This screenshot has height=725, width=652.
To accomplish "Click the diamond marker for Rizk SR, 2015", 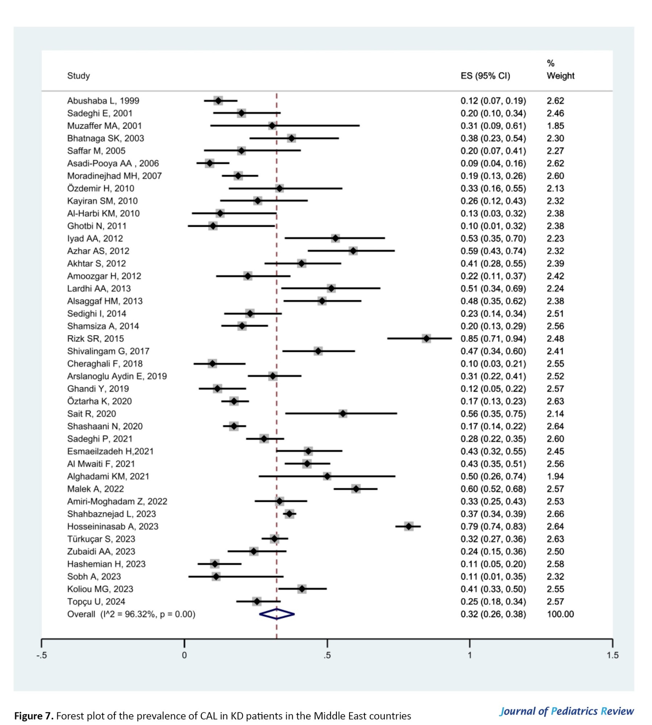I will (x=426, y=339).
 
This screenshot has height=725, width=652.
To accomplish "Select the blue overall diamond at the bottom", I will (x=277, y=614).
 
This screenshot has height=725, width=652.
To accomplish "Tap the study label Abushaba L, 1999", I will (x=103, y=101).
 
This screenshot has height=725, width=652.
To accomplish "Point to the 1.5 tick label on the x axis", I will (x=612, y=655).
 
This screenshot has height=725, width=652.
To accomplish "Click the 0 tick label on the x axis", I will (x=184, y=655).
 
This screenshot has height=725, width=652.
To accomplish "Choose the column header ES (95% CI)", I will (x=485, y=76).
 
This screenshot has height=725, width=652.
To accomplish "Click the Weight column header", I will (x=560, y=76).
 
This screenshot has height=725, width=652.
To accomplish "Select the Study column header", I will (x=78, y=76).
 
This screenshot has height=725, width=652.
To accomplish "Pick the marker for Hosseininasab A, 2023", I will (x=409, y=526).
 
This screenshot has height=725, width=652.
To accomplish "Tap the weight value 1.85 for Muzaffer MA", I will (x=555, y=126).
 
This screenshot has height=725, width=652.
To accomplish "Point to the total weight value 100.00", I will (x=560, y=614).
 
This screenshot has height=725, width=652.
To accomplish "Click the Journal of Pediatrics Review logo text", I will (x=566, y=711).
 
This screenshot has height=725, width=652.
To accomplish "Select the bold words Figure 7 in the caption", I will (x=34, y=716).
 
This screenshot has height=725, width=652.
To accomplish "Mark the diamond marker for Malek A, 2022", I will (x=356, y=489).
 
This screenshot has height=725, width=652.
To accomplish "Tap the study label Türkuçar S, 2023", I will (x=101, y=539).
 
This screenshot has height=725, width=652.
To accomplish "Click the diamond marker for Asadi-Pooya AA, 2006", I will (x=209, y=163).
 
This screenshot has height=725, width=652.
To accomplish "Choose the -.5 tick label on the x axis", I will (x=41, y=655).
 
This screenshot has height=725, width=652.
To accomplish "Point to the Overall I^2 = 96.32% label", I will (x=131, y=614).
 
